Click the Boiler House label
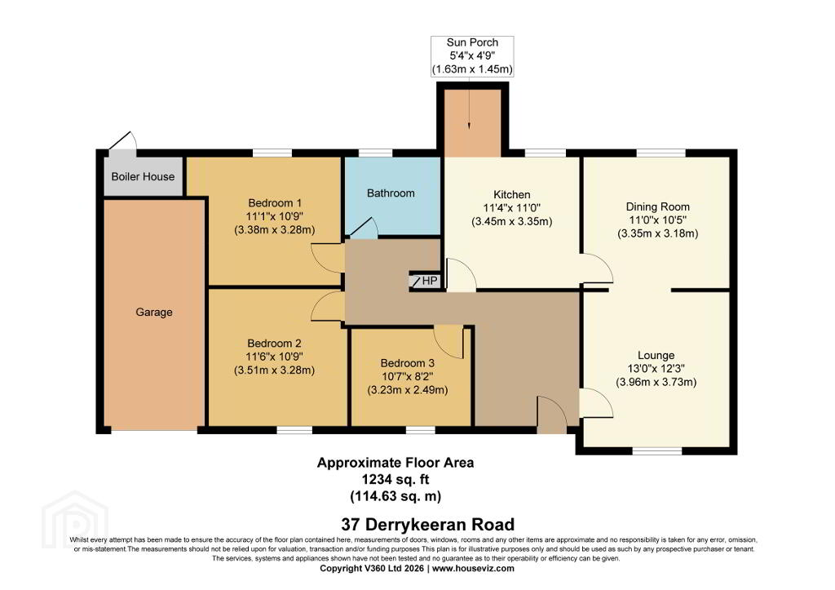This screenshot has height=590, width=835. pyautogui.click(x=143, y=176)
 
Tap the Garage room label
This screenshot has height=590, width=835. pyautogui.click(x=154, y=313)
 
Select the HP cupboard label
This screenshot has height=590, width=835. pyautogui.click(x=429, y=281)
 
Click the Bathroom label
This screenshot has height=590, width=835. pyautogui.click(x=391, y=193)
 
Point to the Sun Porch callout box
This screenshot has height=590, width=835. pyautogui.click(x=472, y=56)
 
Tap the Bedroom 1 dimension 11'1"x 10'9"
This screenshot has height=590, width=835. pyautogui.click(x=275, y=216)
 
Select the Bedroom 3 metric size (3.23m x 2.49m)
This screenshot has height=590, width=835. pyautogui.click(x=408, y=390)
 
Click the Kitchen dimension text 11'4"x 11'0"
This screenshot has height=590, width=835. pyautogui.click(x=512, y=208)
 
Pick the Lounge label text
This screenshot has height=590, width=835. pyautogui.click(x=656, y=356)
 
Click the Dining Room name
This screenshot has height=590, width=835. pyautogui.click(x=658, y=206)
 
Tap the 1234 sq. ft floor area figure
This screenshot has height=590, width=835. pyautogui.click(x=395, y=480)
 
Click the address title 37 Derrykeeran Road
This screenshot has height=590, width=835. pyautogui.click(x=428, y=525)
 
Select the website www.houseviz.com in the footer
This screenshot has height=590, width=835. pyautogui.click(x=474, y=569)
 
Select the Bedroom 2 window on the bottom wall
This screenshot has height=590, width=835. pyautogui.click(x=294, y=430)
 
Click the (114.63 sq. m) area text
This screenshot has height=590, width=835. pyautogui.click(x=395, y=497)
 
